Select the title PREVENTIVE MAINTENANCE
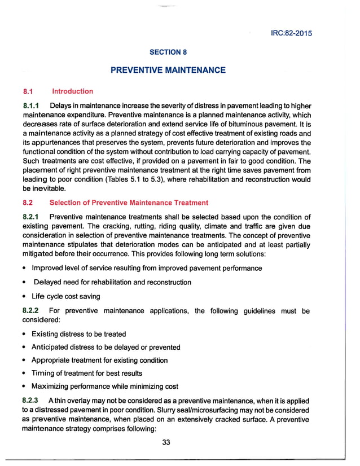168,71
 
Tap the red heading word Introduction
72,91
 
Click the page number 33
166,443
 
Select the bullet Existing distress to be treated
78,335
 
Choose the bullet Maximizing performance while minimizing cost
105,386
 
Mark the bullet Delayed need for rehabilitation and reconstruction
112,282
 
